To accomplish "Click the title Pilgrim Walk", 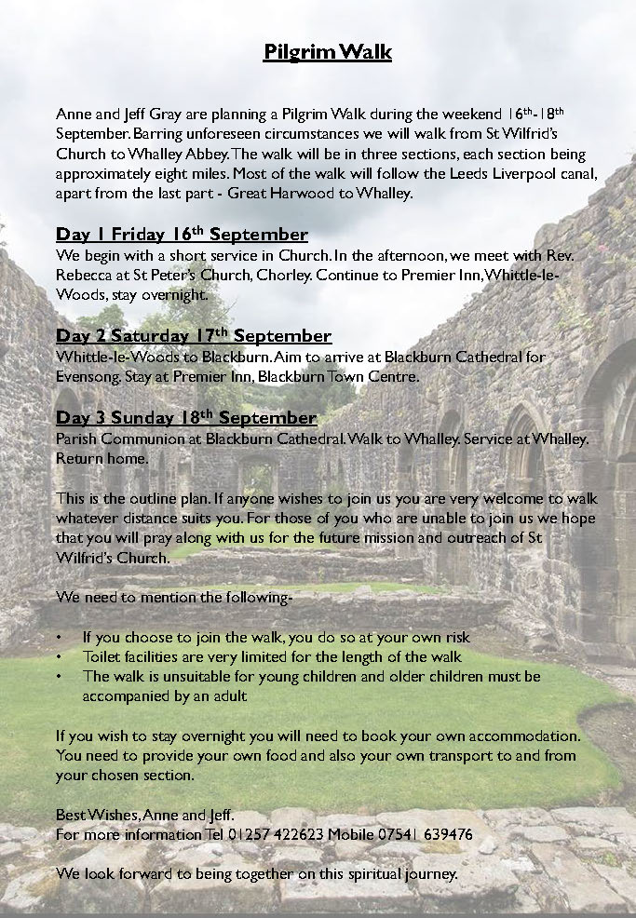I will pyautogui.click(x=327, y=52).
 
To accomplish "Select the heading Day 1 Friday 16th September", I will pyautogui.click(x=182, y=234).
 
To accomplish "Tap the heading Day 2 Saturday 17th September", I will pyautogui.click(x=194, y=335).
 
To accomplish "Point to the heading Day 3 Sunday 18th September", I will pyautogui.click(x=186, y=417).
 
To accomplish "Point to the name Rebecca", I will pyautogui.click(x=88, y=274).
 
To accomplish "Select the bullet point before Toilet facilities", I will pyautogui.click(x=60, y=656).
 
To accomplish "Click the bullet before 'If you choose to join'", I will pyautogui.click(x=60, y=638).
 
